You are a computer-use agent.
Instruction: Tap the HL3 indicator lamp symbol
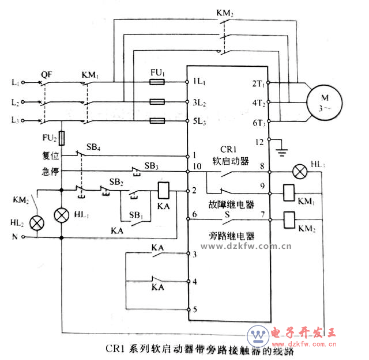point(300,171)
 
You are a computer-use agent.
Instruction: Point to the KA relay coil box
point(163,190)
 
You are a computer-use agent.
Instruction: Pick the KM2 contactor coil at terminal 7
point(289,218)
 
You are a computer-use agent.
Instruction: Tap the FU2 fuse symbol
point(61,138)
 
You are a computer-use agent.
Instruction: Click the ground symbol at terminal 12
point(282,151)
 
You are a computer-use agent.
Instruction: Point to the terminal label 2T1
point(258,84)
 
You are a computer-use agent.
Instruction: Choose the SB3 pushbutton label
point(152,166)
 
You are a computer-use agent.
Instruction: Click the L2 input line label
point(14,102)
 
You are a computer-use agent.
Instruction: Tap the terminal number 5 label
point(195,309)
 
